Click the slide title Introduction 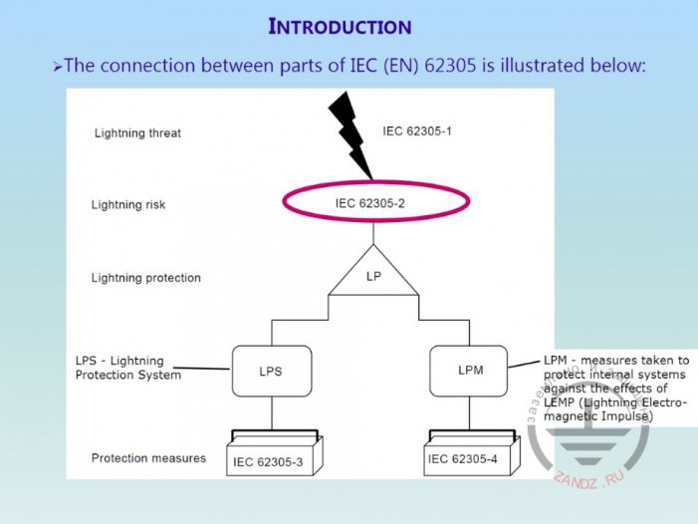click(341, 25)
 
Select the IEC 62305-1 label click(417, 131)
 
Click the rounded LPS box click(271, 371)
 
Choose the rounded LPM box click(470, 371)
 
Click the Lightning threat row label click(137, 132)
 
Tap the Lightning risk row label click(128, 204)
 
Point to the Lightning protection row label click(145, 278)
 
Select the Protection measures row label click(148, 458)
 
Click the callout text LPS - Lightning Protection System click(127, 368)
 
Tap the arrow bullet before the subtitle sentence click(58, 67)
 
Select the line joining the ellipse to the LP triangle click(373, 235)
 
